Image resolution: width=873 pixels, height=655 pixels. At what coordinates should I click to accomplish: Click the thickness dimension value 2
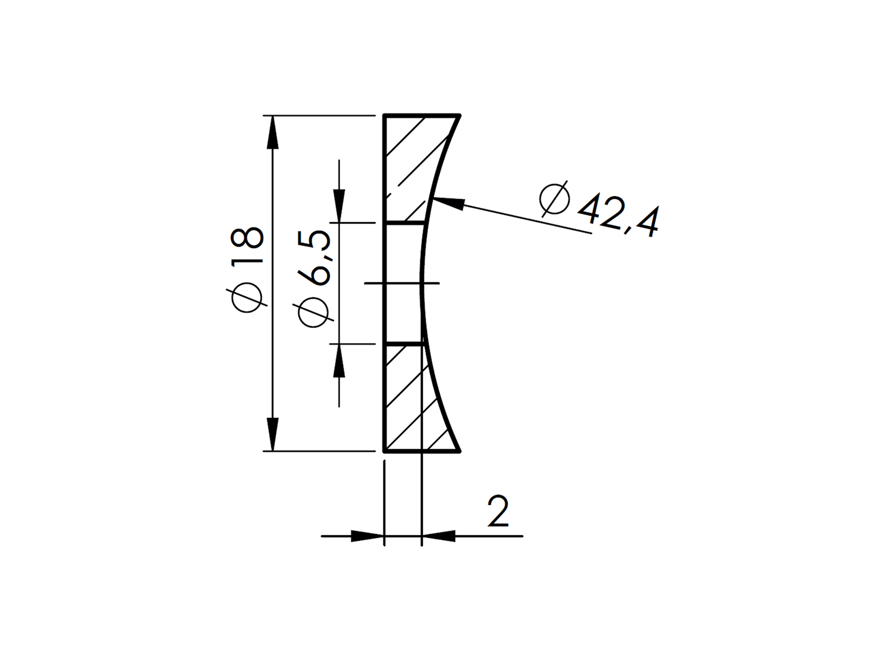[497, 512]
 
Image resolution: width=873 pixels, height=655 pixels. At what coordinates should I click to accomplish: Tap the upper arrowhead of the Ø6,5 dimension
[339, 205]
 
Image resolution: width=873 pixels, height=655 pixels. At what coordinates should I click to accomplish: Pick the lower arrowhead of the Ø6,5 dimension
[339, 361]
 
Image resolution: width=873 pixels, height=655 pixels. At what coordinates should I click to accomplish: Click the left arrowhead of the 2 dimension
[367, 535]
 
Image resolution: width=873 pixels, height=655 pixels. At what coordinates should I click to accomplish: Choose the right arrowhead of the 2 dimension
[439, 535]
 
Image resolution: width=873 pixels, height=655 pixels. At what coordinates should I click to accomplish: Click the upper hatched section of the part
[411, 166]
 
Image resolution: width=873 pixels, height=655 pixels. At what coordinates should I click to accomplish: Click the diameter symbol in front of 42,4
[554, 200]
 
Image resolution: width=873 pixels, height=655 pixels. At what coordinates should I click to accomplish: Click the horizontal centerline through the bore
[401, 283]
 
